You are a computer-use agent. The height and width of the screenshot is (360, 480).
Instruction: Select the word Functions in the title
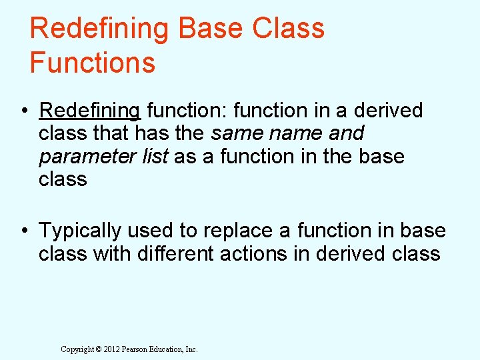92,63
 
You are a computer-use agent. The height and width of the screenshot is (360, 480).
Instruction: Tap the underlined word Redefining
90,110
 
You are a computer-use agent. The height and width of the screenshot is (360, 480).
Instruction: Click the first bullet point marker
25,111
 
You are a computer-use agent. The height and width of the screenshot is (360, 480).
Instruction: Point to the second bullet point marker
25,231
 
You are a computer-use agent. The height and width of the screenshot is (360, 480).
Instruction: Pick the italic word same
235,133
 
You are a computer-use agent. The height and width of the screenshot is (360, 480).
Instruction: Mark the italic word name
293,133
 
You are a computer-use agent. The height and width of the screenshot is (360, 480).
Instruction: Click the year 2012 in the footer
111,349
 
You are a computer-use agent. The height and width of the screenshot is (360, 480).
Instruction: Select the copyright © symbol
97,349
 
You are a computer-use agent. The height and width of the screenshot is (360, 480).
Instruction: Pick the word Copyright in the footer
77,349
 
